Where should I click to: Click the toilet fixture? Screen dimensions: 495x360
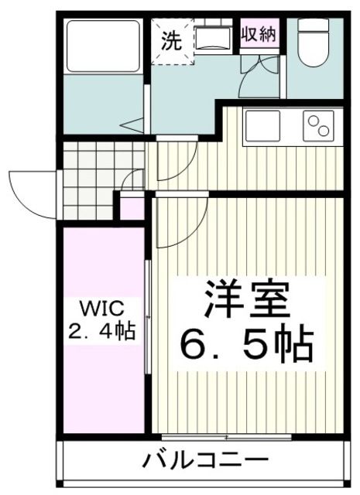(314, 42)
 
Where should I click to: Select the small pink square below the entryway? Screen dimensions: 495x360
(132, 208)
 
